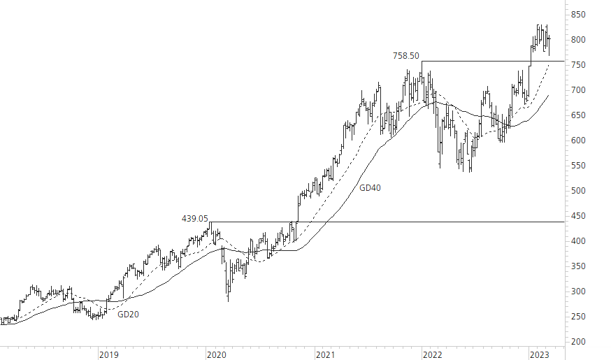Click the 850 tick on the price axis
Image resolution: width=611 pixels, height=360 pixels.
click(x=579, y=14)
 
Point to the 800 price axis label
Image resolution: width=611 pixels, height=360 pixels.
click(x=579, y=40)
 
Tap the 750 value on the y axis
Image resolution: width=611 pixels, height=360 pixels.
click(x=579, y=65)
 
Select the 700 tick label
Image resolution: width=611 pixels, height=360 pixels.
click(x=579, y=90)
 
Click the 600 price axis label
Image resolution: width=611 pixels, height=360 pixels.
click(x=579, y=141)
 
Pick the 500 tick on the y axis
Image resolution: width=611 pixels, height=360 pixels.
click(x=579, y=191)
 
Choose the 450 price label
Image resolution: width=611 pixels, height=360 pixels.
click(x=579, y=216)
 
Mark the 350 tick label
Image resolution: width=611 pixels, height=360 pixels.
click(x=579, y=266)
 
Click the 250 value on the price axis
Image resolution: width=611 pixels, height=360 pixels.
click(x=579, y=317)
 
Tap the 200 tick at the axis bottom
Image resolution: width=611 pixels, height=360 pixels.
click(x=579, y=342)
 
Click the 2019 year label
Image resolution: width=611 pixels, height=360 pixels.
click(x=108, y=354)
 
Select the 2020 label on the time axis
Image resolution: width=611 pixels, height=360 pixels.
click(x=216, y=354)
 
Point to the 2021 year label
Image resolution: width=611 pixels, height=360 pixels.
click(x=324, y=354)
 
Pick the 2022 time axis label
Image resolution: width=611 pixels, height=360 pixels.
click(x=432, y=354)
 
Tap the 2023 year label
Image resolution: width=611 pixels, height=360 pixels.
click(x=540, y=354)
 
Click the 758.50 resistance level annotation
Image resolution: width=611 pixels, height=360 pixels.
click(x=406, y=56)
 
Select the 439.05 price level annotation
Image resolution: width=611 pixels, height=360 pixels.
click(x=195, y=219)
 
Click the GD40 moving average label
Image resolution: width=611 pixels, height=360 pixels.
click(x=371, y=188)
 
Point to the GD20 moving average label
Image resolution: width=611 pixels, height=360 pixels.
click(x=128, y=315)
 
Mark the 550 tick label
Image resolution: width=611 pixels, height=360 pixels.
click(x=579, y=166)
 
